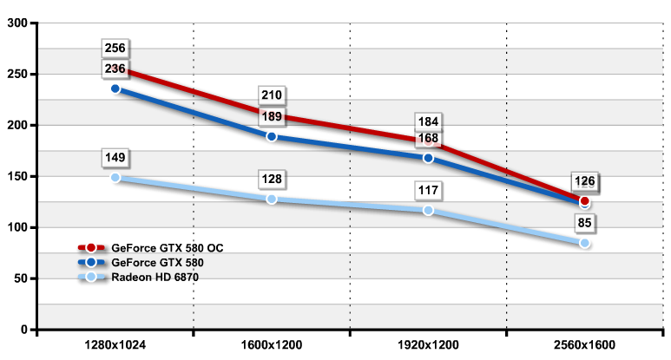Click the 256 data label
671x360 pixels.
tap(115, 48)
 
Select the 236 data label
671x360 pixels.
tap(115, 69)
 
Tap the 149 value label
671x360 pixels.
tap(115, 158)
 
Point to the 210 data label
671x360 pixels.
tap(272, 95)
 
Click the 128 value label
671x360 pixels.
tap(272, 179)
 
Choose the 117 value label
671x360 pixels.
tap(428, 190)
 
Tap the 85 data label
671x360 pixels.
tap(584, 223)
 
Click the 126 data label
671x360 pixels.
tap(584, 181)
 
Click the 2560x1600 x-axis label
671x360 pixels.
tap(584, 345)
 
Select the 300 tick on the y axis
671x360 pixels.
tap(16, 23)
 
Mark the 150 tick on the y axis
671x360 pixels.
tap(16, 176)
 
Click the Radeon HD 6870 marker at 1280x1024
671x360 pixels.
tap(115, 177)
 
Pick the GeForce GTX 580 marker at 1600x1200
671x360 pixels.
tap(272, 136)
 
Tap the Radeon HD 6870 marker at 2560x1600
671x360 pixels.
tap(584, 243)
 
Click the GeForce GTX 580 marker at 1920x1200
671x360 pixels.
tap(428, 158)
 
